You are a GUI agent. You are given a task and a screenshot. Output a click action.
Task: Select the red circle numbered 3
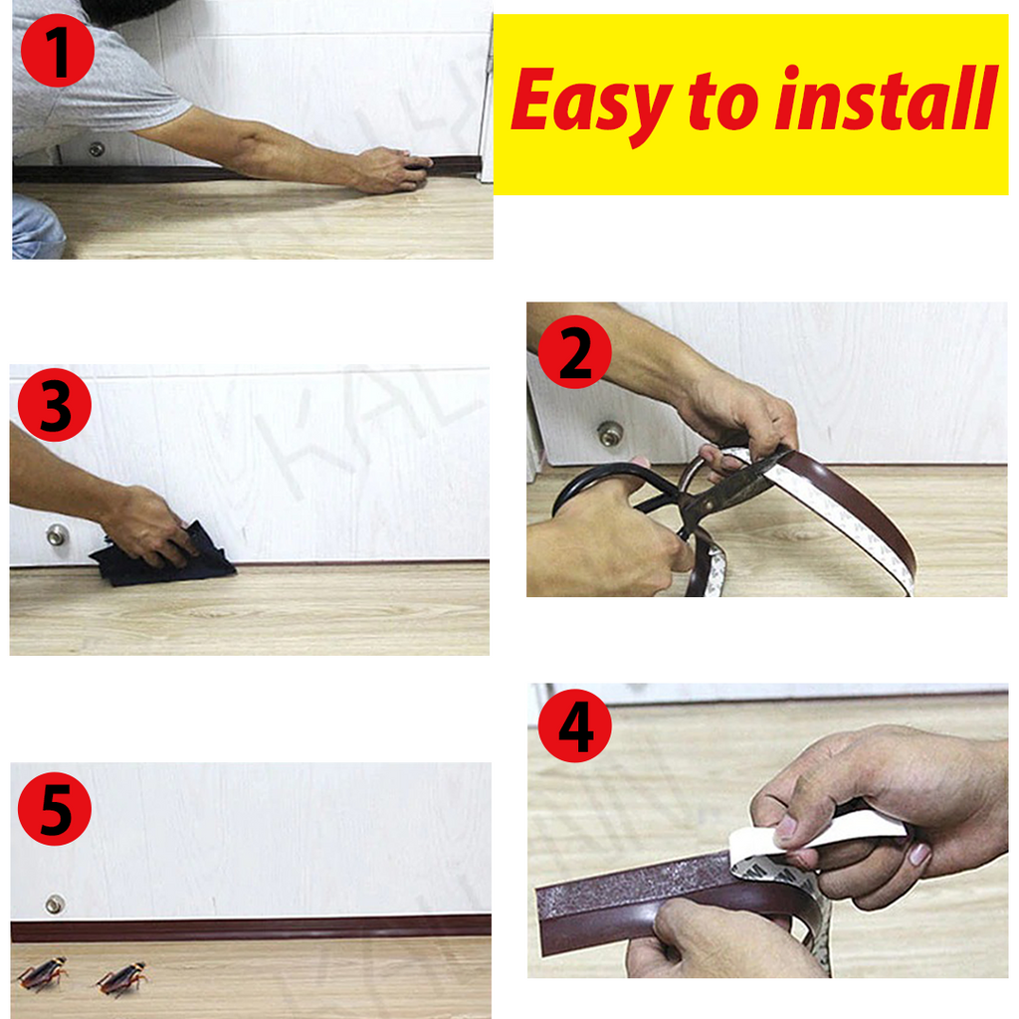pos(54,404)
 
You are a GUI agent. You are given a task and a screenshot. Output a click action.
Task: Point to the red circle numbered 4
pos(574,726)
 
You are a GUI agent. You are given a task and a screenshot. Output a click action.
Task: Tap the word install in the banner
pos(886,101)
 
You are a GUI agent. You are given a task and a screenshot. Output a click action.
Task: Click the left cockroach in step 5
pos(42,974)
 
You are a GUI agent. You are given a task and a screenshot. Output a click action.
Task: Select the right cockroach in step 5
pos(122,978)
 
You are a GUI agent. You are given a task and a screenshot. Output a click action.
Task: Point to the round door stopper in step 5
pos(55,904)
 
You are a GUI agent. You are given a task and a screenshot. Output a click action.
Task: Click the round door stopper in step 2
pos(610,434)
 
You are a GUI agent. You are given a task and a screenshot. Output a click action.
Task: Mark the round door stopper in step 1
pos(96,149)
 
